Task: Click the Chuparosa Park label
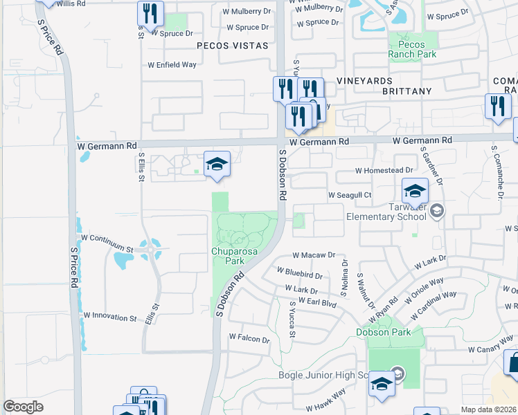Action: tap(229, 255)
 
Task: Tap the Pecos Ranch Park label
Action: tap(412, 49)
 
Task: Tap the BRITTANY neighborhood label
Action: tap(404, 91)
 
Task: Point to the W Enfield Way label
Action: tap(172, 65)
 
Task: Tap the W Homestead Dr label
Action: tap(384, 170)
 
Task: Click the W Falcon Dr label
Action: tap(249, 339)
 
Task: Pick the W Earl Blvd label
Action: tap(319, 303)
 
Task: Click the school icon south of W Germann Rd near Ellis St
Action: tap(217, 165)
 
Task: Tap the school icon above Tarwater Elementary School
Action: tap(416, 192)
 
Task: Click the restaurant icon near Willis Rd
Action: tap(150, 13)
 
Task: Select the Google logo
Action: tap(24, 407)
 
